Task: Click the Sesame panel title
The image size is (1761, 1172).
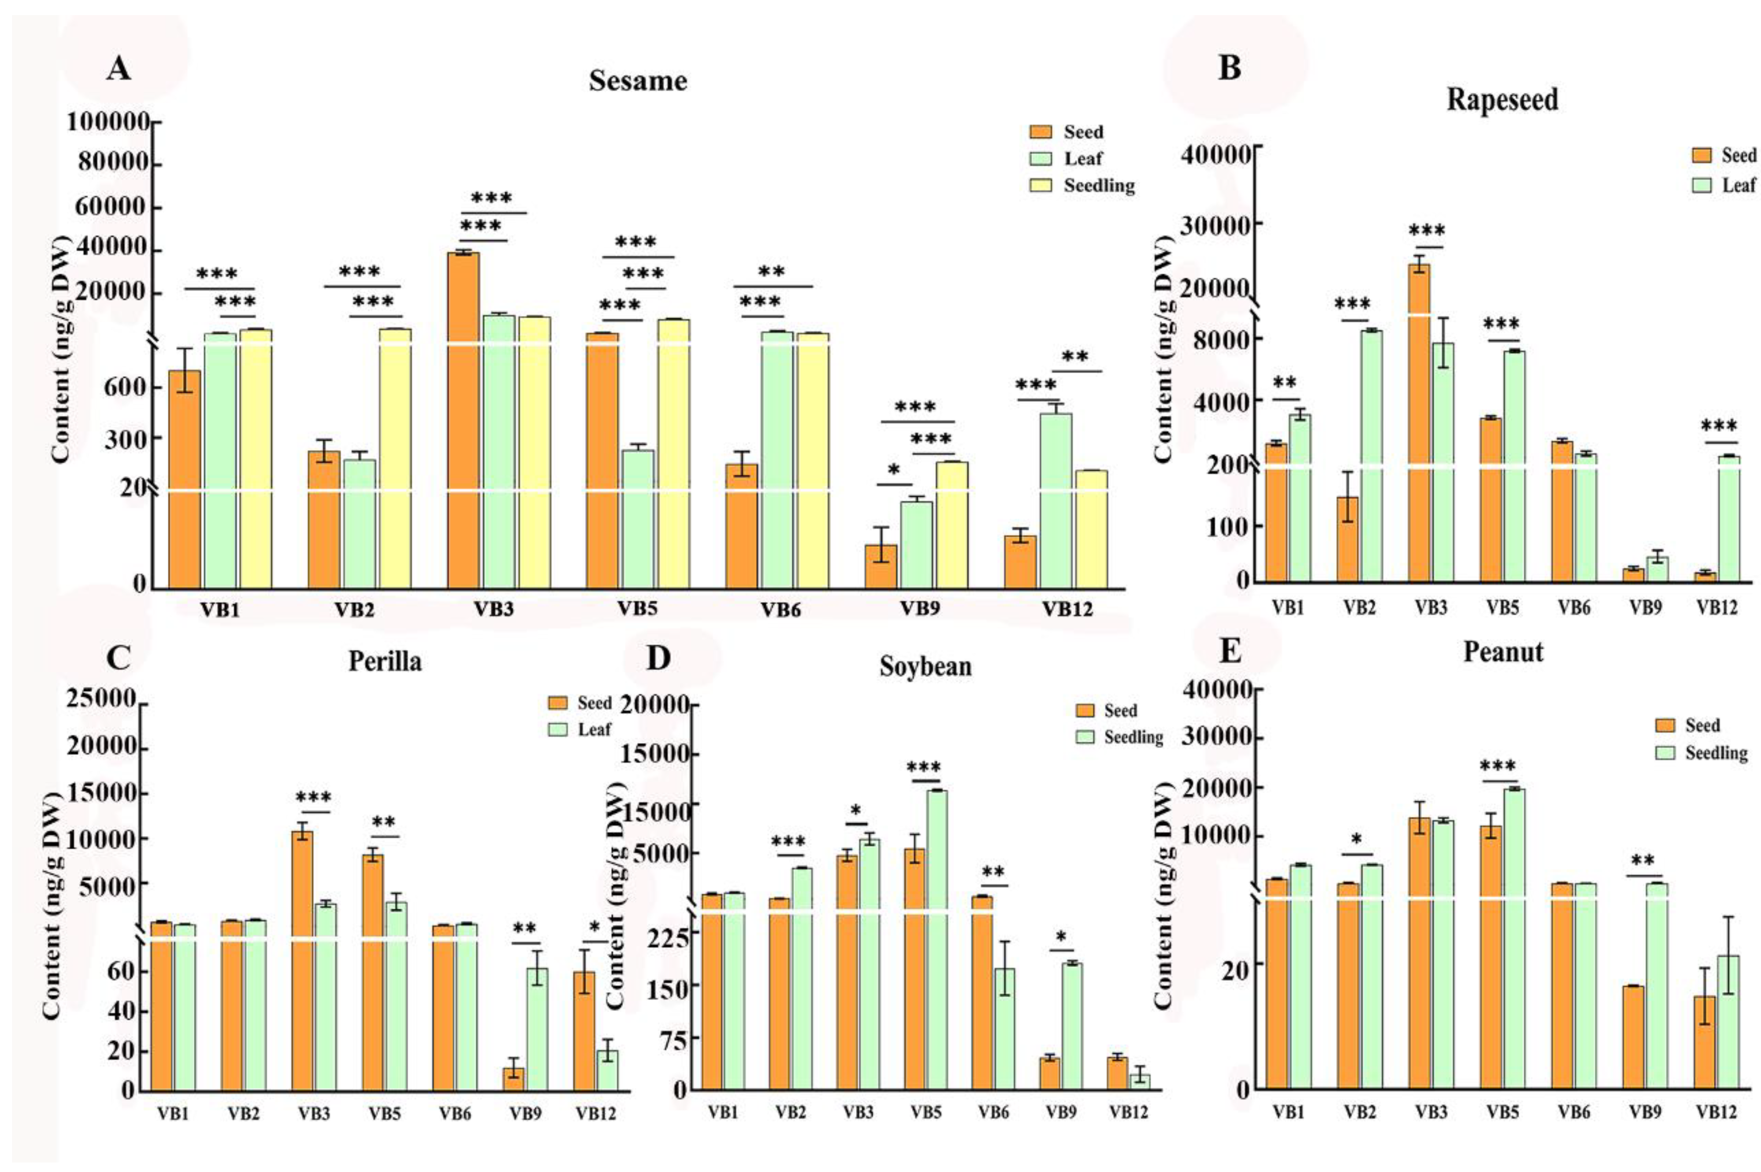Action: (637, 81)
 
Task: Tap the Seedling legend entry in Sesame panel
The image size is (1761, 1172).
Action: (1098, 185)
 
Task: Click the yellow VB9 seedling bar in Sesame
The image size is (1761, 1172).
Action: (951, 523)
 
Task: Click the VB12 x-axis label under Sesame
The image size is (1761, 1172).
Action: (1067, 609)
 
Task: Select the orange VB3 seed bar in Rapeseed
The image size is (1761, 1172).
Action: (1419, 422)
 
